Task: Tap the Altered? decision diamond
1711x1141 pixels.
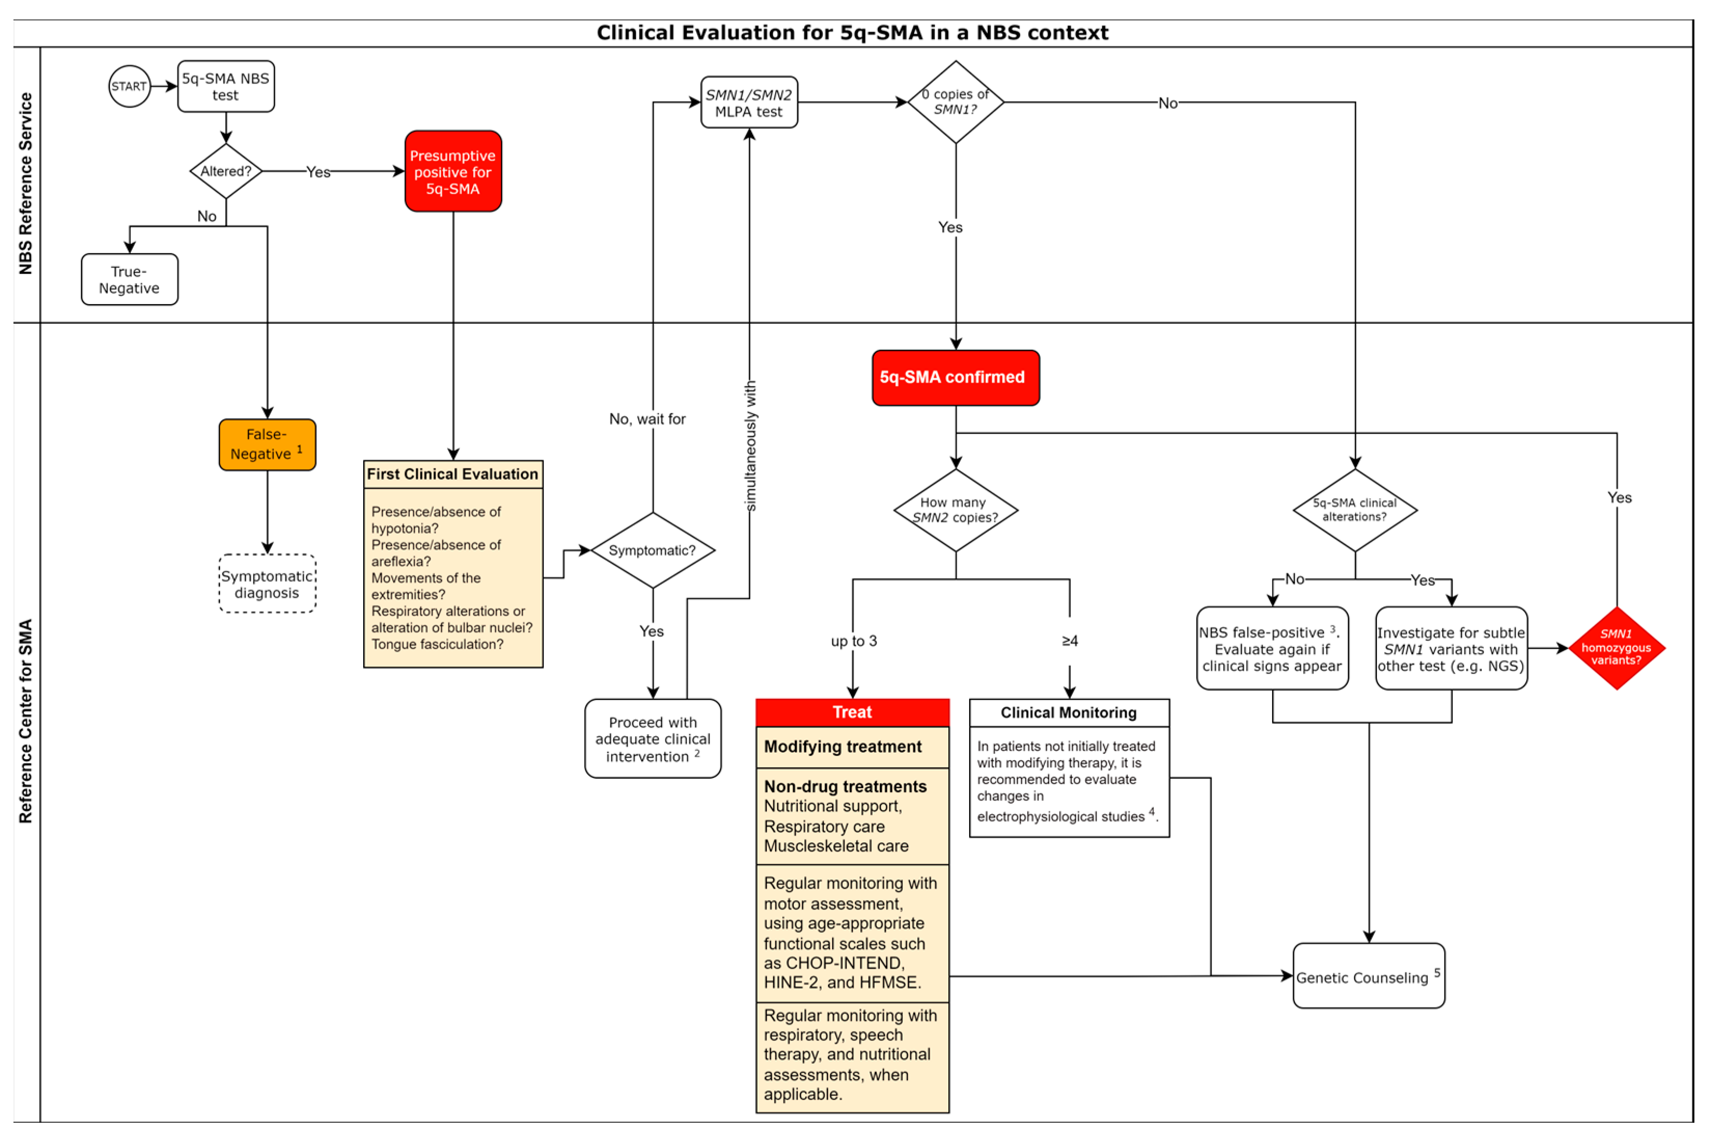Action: pos(226,171)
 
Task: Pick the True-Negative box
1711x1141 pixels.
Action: pos(130,280)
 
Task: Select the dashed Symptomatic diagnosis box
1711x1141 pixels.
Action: pos(267,584)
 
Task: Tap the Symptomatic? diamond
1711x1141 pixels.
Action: pos(653,550)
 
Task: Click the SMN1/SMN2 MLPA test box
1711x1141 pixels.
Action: pos(749,103)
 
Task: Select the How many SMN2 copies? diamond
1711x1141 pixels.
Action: pos(955,510)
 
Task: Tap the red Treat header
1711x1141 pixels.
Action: pos(852,712)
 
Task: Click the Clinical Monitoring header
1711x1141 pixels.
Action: pos(1069,713)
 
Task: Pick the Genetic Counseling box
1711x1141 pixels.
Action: pos(1369,977)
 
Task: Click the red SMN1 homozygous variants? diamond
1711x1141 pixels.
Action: pos(1617,648)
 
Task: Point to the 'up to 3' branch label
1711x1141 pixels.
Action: pos(854,641)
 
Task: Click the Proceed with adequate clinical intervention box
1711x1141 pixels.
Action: pos(653,738)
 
